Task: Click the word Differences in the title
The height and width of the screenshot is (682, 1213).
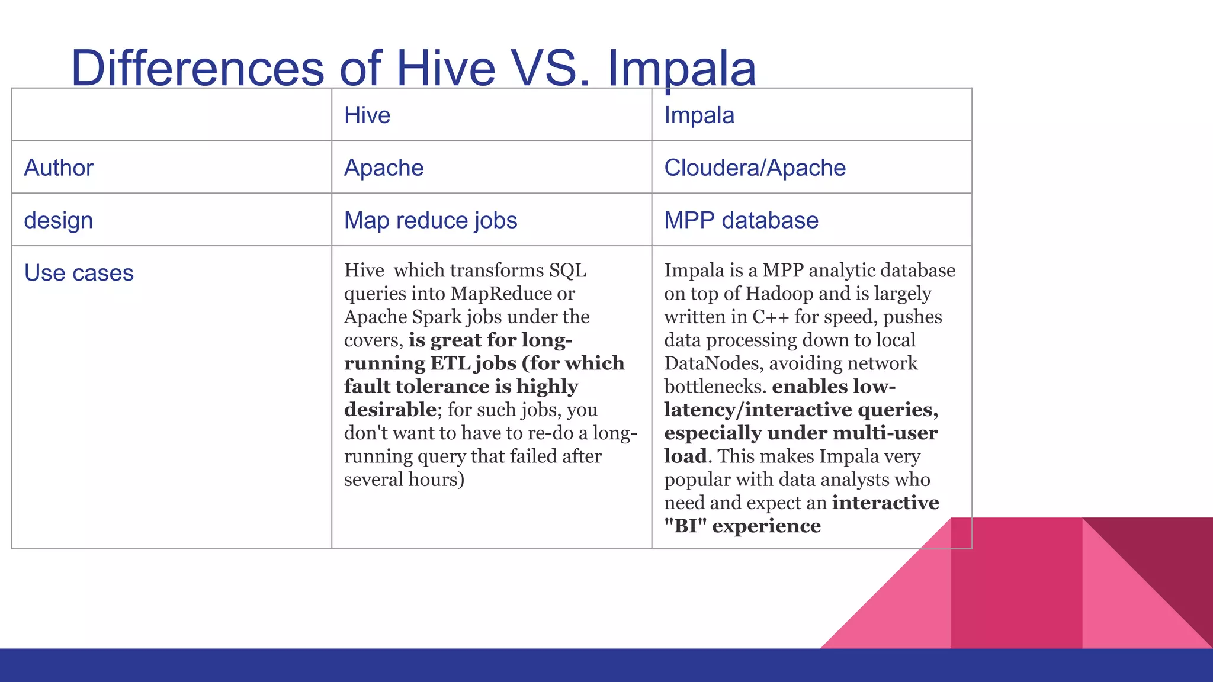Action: pyautogui.click(x=197, y=68)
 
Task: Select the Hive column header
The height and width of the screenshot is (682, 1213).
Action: pyautogui.click(x=367, y=115)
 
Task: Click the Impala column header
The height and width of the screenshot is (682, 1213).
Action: pyautogui.click(x=699, y=115)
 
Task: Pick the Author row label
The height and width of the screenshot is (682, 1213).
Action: pyautogui.click(x=59, y=168)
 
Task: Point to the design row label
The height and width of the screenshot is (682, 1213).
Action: pyautogui.click(x=59, y=220)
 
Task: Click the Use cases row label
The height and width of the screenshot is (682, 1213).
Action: pyautogui.click(x=79, y=273)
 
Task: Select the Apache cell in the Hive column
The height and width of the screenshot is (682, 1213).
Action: pyautogui.click(x=384, y=168)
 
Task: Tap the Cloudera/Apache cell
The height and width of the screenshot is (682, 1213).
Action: pyautogui.click(x=755, y=168)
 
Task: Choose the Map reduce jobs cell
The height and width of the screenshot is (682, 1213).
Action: pyautogui.click(x=431, y=220)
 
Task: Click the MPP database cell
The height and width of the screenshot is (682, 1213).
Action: pyautogui.click(x=741, y=220)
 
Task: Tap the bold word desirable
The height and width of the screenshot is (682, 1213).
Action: pyautogui.click(x=390, y=410)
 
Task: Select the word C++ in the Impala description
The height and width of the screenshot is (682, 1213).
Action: pyautogui.click(x=771, y=317)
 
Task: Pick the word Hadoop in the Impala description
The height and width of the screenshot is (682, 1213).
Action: pyautogui.click(x=779, y=294)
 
